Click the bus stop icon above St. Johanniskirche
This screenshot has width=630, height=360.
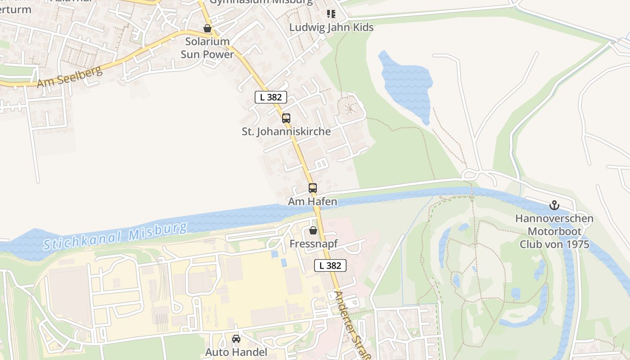[x=286, y=118]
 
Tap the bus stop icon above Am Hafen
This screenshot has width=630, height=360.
[x=313, y=188]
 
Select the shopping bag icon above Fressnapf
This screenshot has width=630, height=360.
[x=313, y=230]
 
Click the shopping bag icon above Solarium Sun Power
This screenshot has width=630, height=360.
[x=207, y=28]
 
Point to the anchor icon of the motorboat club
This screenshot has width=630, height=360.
[x=554, y=206]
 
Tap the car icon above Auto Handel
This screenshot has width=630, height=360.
[x=236, y=339]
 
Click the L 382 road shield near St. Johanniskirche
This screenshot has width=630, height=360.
[x=271, y=97]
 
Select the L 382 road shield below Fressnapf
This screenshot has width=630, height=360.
[x=330, y=265]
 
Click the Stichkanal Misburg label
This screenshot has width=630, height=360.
[x=115, y=236]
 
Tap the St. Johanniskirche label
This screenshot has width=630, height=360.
[x=286, y=131]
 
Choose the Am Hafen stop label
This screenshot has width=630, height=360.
[x=313, y=201]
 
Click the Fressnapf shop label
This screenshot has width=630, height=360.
[x=313, y=244]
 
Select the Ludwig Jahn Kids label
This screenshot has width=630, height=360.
[x=331, y=27]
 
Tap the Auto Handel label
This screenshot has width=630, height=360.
[x=236, y=352]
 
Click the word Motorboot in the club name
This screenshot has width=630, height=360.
[x=554, y=232]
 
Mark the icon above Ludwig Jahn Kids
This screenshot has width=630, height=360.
[x=331, y=14]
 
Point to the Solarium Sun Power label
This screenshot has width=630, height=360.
[x=207, y=48]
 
